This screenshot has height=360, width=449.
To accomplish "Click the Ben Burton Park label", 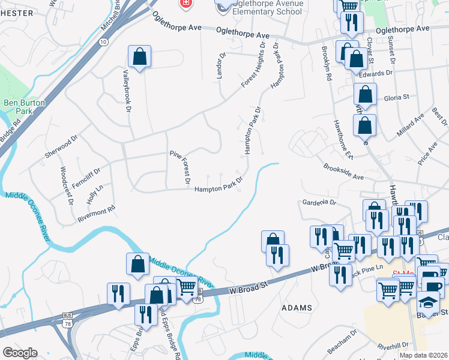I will tap(25, 107).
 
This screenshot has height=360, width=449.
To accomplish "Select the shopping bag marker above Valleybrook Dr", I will tap(139, 58).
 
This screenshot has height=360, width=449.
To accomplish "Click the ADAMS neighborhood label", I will tap(297, 308).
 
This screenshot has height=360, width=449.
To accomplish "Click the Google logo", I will tap(20, 353).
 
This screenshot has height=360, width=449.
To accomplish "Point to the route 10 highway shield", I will tap(104, 42).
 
